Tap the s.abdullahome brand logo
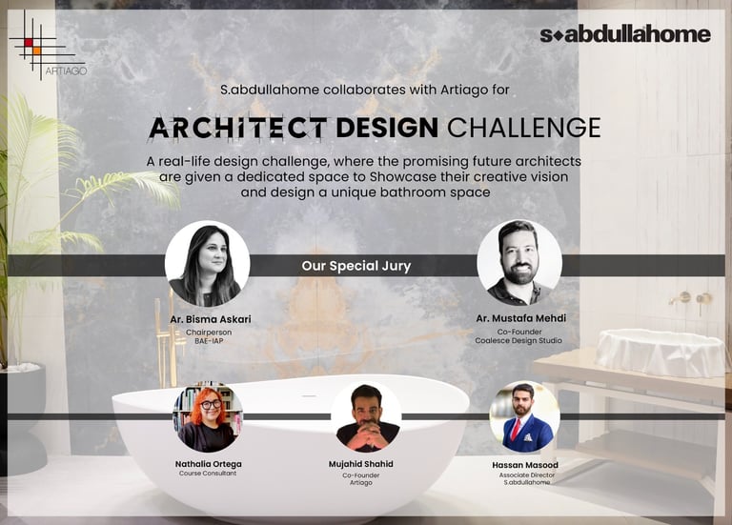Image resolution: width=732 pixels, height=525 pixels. pyautogui.click(x=625, y=34)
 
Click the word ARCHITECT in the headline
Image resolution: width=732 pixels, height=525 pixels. pyautogui.click(x=237, y=128)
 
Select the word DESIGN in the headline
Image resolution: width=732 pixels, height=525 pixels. pyautogui.click(x=387, y=128)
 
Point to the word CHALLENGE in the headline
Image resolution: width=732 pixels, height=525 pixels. pyautogui.click(x=524, y=128)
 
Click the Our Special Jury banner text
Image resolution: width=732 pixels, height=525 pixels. pyautogui.click(x=356, y=266)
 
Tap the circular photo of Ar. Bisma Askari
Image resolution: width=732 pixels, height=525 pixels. pyautogui.click(x=207, y=264)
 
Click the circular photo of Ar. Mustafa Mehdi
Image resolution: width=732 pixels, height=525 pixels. pyautogui.click(x=519, y=263)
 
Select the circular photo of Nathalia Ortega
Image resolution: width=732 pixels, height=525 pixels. pyautogui.click(x=208, y=416)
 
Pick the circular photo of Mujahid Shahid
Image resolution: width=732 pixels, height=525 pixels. pyautogui.click(x=366, y=416)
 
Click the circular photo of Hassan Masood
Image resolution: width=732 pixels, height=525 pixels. pyautogui.click(x=524, y=416)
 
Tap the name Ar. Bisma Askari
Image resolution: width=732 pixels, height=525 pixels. pyautogui.click(x=210, y=319)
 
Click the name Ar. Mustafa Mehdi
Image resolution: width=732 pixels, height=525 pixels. pyautogui.click(x=520, y=318)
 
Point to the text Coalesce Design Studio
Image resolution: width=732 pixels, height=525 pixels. pyautogui.click(x=518, y=341)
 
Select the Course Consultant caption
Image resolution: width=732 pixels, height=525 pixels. pyautogui.click(x=208, y=474)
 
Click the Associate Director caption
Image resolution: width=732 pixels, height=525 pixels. pyautogui.click(x=526, y=475)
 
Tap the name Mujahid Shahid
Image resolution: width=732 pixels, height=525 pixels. pyautogui.click(x=361, y=464)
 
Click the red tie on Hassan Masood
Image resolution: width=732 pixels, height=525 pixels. pyautogui.click(x=516, y=430)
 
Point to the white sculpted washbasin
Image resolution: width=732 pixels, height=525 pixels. pyautogui.click(x=661, y=353)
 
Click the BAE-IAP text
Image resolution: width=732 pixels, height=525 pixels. pyautogui.click(x=209, y=341)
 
